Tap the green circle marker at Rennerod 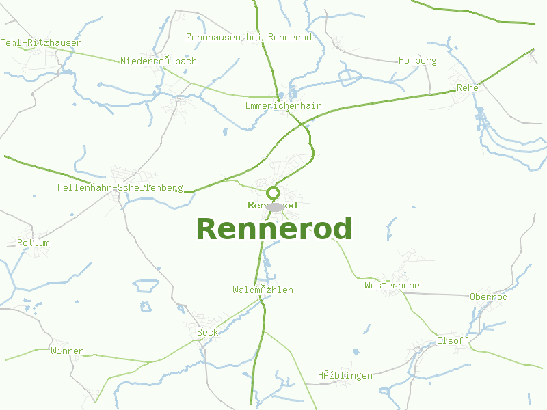coord(273,193)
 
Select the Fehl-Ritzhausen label coord(41,42)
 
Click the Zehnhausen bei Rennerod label coord(249,37)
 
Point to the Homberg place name coord(417,60)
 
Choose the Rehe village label coord(467,87)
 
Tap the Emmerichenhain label coord(283,105)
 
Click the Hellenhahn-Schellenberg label coord(120,187)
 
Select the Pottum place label coord(34,243)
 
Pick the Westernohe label coord(392,285)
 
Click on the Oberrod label coord(489,297)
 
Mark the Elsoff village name coord(453,340)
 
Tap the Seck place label coord(207,332)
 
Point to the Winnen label coord(67,351)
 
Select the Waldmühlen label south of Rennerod coord(263,290)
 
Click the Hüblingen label coord(345,375)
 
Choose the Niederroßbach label coord(158,61)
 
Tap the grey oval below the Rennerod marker coord(274,206)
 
